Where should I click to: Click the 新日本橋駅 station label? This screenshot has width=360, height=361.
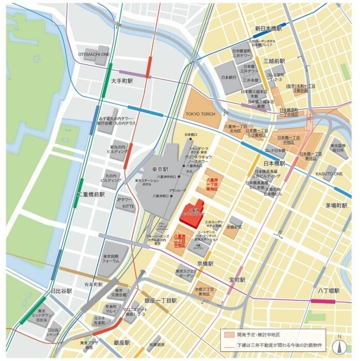pyautogui.click(x=268, y=29)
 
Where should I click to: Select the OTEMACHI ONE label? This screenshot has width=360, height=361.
pyautogui.click(x=93, y=54)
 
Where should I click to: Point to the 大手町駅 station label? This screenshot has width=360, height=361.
pyautogui.click(x=122, y=81)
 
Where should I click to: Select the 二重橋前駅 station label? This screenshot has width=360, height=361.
pyautogui.click(x=91, y=195)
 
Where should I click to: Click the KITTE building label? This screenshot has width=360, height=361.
pyautogui.click(x=128, y=206)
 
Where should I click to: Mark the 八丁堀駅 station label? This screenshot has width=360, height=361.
pyautogui.click(x=328, y=291)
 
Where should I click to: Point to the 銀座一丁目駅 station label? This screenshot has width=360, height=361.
pyautogui.click(x=161, y=301)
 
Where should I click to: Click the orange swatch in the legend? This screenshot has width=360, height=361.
pyautogui.click(x=228, y=335)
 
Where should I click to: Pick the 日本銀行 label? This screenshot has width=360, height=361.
pyautogui.click(x=229, y=77)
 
